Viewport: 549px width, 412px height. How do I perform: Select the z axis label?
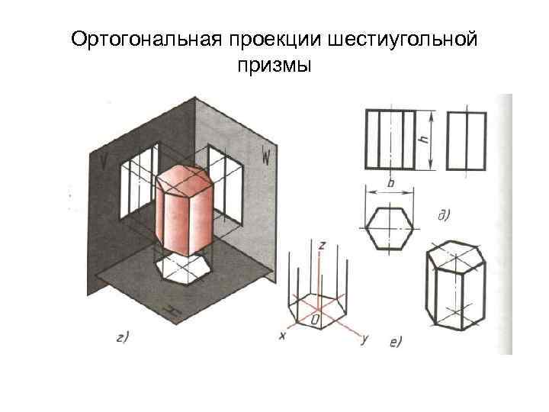(323, 245)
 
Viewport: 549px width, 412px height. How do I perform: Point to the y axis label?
(364, 340)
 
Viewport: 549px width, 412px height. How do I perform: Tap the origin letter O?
(315, 314)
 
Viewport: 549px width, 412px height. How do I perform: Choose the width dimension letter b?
(390, 185)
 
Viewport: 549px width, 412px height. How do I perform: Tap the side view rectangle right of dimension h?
(467, 140)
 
